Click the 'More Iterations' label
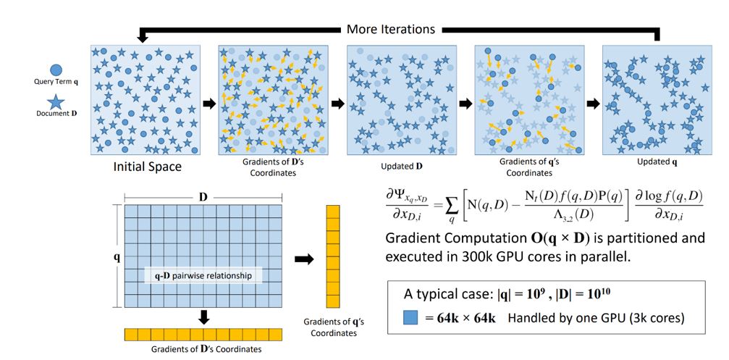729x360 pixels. pyautogui.click(x=391, y=30)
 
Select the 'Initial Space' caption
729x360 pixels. pyautogui.click(x=147, y=167)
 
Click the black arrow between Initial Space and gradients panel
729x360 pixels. pyautogui.click(x=208, y=104)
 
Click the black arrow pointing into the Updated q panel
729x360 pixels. pyautogui.click(x=593, y=104)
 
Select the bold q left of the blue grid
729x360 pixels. pyautogui.click(x=117, y=257)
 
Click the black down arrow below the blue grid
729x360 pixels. pyautogui.click(x=203, y=317)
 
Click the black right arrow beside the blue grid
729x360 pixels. pyautogui.click(x=305, y=259)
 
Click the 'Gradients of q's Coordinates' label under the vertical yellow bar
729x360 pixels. pyautogui.click(x=333, y=327)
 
